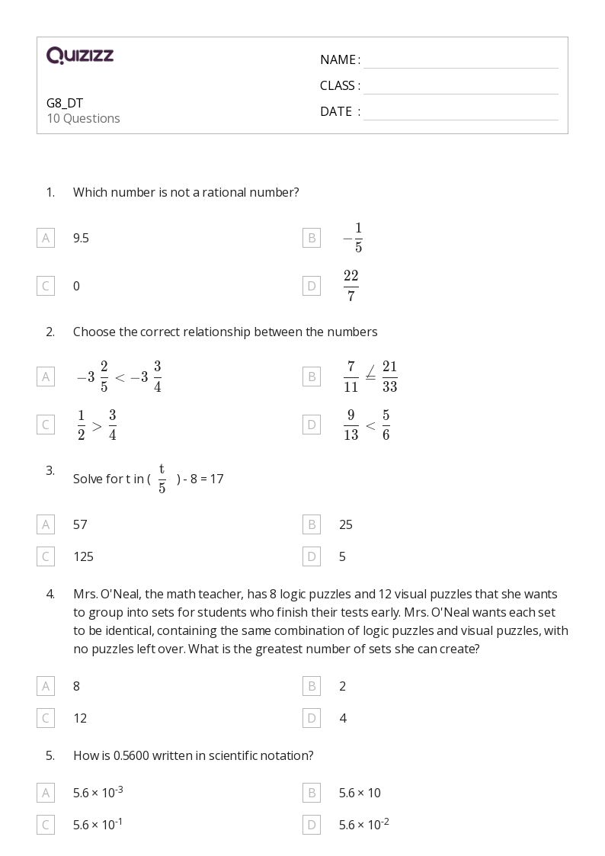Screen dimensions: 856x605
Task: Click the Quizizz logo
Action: [x=80, y=56]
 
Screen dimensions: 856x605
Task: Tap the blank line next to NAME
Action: [x=460, y=60]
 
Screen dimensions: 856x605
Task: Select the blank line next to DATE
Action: [x=460, y=112]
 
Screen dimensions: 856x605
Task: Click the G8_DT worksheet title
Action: [x=65, y=103]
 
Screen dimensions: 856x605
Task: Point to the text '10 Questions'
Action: [x=83, y=118]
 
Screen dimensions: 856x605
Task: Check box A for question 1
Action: [x=46, y=238]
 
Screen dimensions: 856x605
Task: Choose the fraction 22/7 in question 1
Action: [x=351, y=286]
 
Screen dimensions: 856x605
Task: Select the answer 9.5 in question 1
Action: [x=81, y=238]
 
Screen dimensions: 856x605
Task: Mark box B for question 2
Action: [x=311, y=377]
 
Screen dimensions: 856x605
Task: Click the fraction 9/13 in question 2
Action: [x=351, y=425]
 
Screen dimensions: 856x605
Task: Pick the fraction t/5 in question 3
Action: [x=162, y=478]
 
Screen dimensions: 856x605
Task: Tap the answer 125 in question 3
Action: [x=83, y=556]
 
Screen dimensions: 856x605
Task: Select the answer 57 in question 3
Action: [x=80, y=524]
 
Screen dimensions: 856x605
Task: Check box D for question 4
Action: [x=311, y=718]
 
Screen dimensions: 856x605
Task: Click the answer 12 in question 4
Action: [x=80, y=718]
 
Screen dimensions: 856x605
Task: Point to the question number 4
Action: [x=50, y=594]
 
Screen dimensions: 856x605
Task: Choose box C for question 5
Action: [x=46, y=825]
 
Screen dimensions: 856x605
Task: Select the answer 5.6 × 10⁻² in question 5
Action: [x=364, y=824]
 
